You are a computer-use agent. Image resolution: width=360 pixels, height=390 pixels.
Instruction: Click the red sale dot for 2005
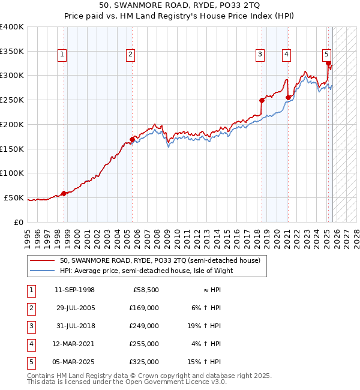pos(132,139)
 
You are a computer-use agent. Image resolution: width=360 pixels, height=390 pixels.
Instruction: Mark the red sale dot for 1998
pos(64,193)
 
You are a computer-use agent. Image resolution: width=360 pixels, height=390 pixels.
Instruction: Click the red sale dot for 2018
pos(262,100)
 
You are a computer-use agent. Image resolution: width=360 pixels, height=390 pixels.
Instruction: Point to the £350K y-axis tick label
pos(11,52)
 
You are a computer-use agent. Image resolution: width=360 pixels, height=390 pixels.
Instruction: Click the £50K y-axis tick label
pos(14,197)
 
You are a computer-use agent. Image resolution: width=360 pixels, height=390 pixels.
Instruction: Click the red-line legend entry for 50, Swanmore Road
pos(160,260)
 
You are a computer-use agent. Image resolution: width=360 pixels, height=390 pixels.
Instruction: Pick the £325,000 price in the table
pos(145,362)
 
